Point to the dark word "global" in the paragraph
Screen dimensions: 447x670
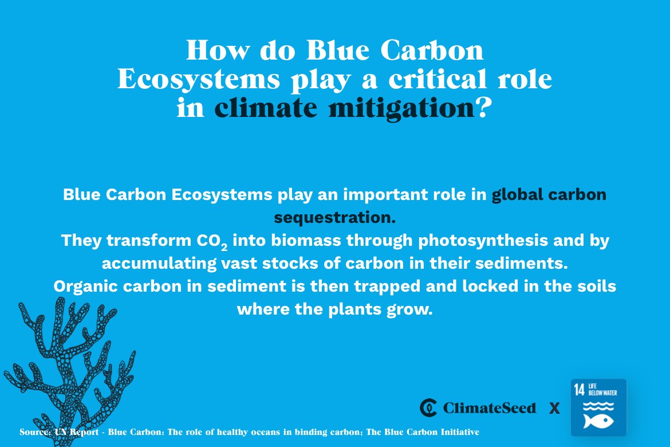(x=517, y=195)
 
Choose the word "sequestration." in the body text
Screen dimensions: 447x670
(x=335, y=218)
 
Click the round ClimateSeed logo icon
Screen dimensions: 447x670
(x=428, y=407)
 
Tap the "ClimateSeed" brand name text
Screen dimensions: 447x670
(x=489, y=408)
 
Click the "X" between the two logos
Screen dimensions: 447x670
(x=554, y=408)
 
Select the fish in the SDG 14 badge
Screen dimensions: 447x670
(x=598, y=421)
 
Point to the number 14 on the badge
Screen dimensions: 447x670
(x=580, y=391)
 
